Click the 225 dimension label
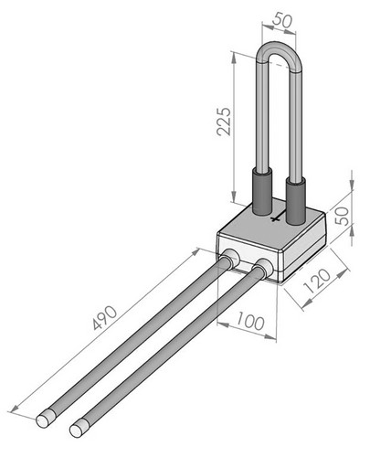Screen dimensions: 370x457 point(224,122)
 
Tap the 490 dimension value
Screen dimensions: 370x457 point(104,318)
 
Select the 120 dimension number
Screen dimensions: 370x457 point(317,281)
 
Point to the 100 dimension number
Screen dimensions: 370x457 point(250,321)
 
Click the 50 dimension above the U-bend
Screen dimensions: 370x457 point(282,20)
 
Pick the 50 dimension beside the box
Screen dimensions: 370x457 point(342,216)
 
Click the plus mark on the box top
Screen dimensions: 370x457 point(275,218)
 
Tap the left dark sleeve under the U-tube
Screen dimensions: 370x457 point(262,192)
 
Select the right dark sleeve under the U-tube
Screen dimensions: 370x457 point(295,202)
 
